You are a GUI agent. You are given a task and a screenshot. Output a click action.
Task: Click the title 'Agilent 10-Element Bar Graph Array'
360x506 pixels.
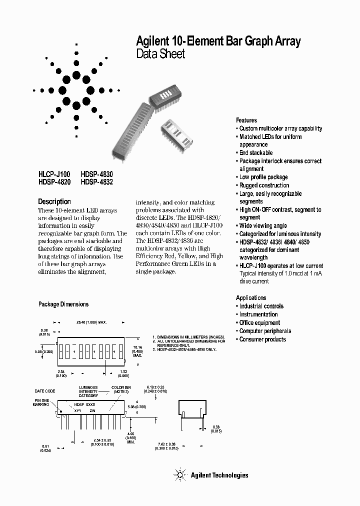click(x=218, y=41)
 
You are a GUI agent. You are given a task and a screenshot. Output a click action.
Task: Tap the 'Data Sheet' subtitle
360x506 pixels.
click(x=160, y=54)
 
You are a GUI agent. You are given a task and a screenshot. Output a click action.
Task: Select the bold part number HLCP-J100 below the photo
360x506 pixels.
click(x=54, y=174)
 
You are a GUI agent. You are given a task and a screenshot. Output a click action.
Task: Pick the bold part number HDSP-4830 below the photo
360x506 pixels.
click(x=97, y=174)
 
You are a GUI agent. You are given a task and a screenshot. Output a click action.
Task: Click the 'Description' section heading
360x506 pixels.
click(x=54, y=201)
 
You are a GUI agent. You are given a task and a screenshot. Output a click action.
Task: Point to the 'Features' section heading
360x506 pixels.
click(x=246, y=120)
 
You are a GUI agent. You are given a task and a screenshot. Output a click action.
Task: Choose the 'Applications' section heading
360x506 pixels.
click(x=251, y=297)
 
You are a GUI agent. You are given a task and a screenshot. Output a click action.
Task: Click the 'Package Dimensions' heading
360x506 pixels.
click(x=63, y=304)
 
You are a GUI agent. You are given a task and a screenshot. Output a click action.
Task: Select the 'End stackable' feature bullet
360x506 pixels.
click(x=255, y=152)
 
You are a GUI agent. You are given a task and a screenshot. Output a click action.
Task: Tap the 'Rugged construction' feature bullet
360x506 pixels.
click(x=264, y=185)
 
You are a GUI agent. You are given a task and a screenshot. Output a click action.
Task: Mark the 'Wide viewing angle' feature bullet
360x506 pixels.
click(x=262, y=225)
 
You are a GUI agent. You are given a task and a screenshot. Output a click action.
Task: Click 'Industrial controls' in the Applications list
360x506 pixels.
click(x=261, y=306)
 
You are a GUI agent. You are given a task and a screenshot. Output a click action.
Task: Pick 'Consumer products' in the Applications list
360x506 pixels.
click(x=262, y=339)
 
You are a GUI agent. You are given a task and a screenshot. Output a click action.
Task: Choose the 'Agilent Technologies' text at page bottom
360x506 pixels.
click(x=219, y=475)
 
